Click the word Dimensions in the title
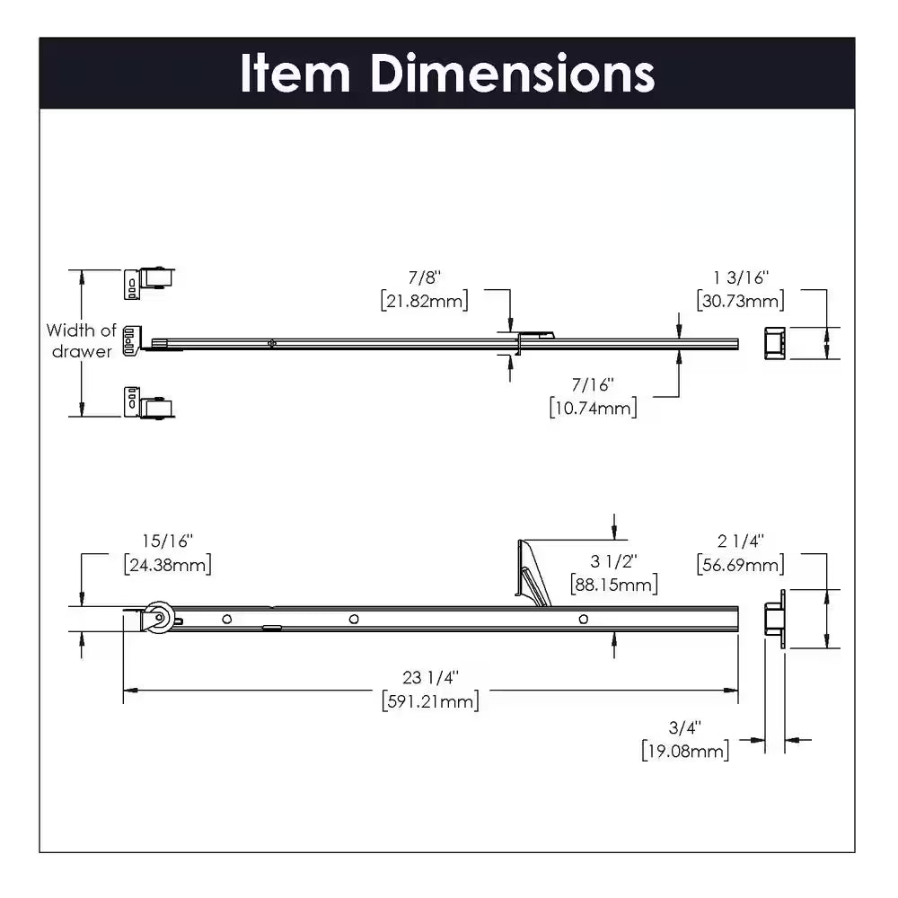tap(513, 73)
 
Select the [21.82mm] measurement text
tap(425, 301)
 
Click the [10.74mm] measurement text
tap(593, 409)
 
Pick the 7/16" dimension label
tap(594, 386)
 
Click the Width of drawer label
tap(81, 341)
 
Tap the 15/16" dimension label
tap(167, 541)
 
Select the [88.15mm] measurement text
tap(614, 584)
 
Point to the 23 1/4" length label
tap(429, 678)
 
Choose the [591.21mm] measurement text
tap(430, 700)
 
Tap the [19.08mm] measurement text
tap(685, 750)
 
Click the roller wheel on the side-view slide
tap(159, 620)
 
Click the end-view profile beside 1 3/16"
tap(773, 342)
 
